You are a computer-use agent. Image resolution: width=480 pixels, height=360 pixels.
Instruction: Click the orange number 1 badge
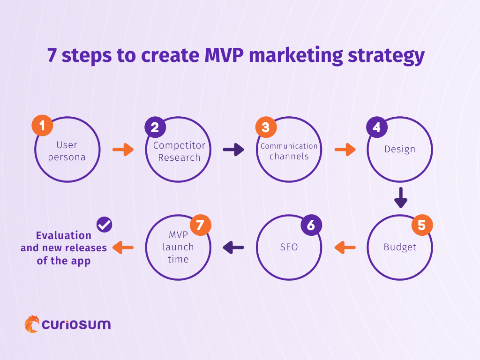coord(42,125)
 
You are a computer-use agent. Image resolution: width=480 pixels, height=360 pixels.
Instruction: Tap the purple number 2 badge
coord(155,127)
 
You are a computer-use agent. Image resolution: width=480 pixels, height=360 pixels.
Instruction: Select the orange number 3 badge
coord(266,127)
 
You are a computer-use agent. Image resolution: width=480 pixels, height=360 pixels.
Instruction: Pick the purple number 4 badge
coord(377,127)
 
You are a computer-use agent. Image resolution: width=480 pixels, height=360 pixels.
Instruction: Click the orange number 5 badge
coord(422,225)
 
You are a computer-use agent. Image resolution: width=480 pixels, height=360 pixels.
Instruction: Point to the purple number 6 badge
coord(311,225)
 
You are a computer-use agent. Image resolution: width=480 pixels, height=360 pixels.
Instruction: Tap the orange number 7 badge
coord(201,225)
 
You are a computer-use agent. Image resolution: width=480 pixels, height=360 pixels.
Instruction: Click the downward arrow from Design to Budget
coord(401,198)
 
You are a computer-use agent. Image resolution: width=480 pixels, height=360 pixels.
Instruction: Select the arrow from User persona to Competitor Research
coord(123,150)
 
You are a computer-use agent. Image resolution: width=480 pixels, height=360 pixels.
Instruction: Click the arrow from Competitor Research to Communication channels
coord(233,150)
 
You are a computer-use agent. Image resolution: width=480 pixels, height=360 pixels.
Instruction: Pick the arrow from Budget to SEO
coord(345,247)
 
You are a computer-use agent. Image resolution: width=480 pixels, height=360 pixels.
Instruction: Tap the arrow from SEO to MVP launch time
coord(233,247)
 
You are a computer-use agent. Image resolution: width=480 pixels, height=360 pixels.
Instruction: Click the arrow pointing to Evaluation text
coord(123,247)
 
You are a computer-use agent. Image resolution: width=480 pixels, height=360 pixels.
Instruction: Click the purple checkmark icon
coord(105,225)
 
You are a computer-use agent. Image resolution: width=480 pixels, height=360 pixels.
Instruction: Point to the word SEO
coord(289,247)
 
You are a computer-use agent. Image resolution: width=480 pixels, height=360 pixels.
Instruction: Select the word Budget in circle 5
coord(400,247)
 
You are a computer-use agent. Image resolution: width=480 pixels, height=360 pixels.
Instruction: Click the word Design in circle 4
coord(400,150)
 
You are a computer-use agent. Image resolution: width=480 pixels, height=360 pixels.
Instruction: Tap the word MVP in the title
coord(224,55)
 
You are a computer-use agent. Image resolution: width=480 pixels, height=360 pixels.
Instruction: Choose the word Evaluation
coord(64,235)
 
